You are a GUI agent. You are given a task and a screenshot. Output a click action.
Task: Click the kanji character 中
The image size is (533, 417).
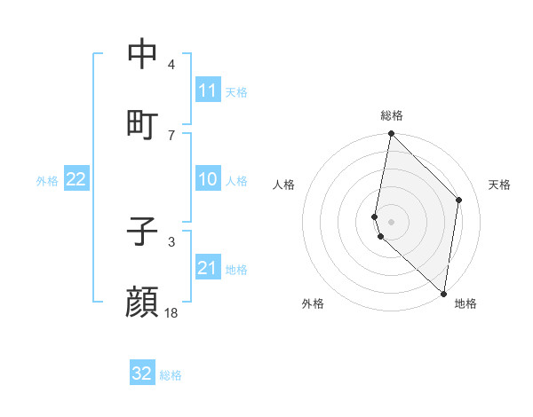tap(142, 54)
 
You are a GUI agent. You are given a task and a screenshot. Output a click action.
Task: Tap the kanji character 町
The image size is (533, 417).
tap(142, 123)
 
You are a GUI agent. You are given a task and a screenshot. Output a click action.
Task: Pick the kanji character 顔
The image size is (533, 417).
tap(142, 303)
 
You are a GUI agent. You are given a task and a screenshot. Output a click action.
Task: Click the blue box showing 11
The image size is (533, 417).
tap(208, 90)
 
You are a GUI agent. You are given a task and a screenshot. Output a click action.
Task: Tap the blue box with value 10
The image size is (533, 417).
tap(208, 179)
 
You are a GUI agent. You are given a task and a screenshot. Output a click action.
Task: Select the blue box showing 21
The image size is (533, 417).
tap(208, 268)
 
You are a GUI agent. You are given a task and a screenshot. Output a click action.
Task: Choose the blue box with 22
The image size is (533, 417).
tap(76, 179)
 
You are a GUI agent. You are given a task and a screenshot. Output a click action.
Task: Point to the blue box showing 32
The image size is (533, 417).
tap(142, 374)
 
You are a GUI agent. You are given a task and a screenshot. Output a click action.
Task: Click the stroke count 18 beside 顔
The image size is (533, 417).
tap(171, 313)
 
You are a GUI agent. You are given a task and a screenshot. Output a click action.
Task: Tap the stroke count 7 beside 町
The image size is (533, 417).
tap(171, 135)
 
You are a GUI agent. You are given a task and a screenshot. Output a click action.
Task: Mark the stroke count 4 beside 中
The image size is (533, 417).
tap(171, 65)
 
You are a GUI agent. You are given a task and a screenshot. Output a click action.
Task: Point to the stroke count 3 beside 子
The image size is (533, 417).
tap(171, 241)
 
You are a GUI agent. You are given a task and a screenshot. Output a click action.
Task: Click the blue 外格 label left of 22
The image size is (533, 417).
tap(47, 181)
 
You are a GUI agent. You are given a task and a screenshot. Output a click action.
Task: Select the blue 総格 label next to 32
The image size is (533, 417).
tap(171, 375)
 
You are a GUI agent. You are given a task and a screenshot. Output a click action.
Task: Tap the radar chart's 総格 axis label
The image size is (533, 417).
tap(392, 115)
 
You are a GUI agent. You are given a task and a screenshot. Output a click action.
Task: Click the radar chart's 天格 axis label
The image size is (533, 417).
tap(500, 185)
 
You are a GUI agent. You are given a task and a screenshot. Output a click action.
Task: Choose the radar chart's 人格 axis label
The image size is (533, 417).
tap(284, 185)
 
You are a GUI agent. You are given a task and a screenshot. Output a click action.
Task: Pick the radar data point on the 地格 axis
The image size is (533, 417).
tap(444, 294)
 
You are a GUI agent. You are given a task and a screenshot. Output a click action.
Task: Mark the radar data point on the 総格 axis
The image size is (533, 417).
tap(392, 134)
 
